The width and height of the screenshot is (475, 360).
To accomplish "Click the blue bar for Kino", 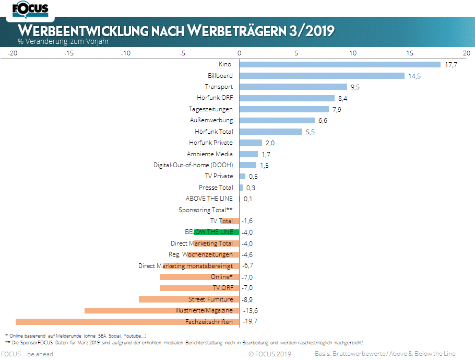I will point(340,64).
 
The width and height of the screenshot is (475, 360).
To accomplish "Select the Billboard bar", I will point(322,76).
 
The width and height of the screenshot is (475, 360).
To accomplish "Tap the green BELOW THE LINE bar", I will point(217,232).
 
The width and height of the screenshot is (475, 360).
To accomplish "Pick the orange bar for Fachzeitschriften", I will point(127,322).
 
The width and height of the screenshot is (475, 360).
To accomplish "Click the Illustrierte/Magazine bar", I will point(162,310).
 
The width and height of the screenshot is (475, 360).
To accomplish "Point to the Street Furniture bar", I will point(189,299).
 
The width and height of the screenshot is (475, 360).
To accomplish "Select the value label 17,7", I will point(451,65).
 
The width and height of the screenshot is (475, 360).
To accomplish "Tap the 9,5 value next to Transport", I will point(357,87).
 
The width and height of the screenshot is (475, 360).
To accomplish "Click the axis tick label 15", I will point(410,53).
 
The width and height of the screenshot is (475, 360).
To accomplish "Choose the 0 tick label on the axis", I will point(239,53).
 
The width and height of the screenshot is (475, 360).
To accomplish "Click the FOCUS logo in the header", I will point(30,9).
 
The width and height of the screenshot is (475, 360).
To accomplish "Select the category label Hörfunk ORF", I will point(215,98).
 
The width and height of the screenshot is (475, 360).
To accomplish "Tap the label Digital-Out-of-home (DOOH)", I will point(193,165).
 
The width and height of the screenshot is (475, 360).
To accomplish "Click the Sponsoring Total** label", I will point(206,210).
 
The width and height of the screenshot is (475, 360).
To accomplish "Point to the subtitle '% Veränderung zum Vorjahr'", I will point(63,41).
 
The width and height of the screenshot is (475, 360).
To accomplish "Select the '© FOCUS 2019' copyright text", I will point(269,354).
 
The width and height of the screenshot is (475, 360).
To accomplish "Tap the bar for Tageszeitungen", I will point(284,109).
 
